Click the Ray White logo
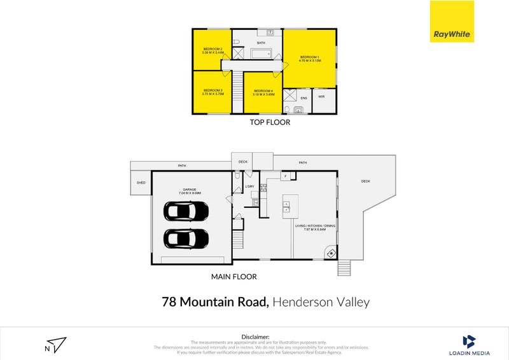[452, 22]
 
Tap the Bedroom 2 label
[213, 51]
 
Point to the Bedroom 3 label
[213, 92]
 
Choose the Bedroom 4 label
[263, 92]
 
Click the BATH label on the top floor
[261, 43]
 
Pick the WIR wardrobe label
[322, 97]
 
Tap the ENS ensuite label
[303, 98]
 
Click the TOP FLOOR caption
[270, 122]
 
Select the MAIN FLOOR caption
[234, 277]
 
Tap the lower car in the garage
[186, 239]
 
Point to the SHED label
[141, 183]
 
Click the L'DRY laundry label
[249, 186]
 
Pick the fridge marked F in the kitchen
[286, 176]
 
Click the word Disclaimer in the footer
[254, 336]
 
